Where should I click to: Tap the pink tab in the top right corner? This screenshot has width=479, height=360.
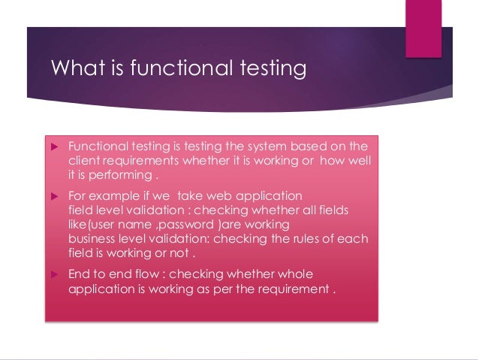click(423, 28)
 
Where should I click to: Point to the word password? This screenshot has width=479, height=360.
click(200, 224)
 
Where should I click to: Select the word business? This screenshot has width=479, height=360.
click(91, 238)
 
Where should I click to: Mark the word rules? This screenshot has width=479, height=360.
click(289, 238)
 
